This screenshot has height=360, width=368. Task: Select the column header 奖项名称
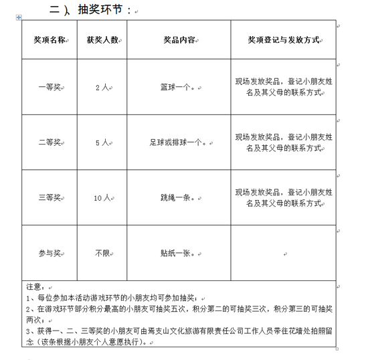pyautogui.click(x=50, y=40)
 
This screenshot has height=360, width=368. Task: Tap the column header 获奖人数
pyautogui.click(x=102, y=40)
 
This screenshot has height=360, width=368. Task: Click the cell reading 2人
pyautogui.click(x=102, y=87)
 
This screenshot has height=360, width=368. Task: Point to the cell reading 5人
pyautogui.click(x=102, y=143)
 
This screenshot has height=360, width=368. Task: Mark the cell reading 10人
pyautogui.click(x=102, y=198)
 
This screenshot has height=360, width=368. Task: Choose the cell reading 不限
pyautogui.click(x=101, y=253)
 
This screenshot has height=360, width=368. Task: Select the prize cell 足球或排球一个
pyautogui.click(x=177, y=143)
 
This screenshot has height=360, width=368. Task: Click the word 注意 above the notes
pyautogui.click(x=33, y=287)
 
